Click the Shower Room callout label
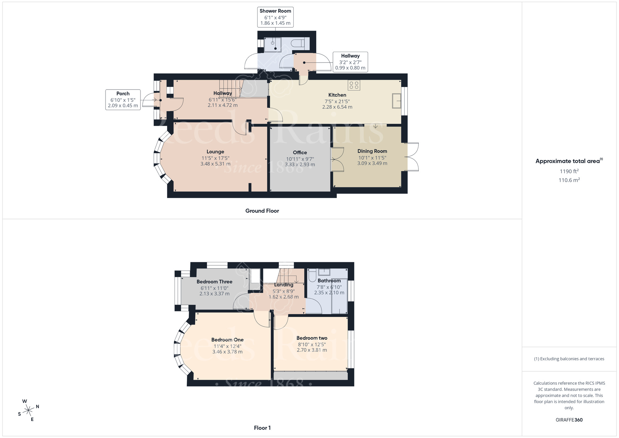click(x=275, y=17)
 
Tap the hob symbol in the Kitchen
click(x=354, y=85)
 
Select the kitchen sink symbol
click(x=396, y=101)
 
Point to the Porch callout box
click(x=123, y=99)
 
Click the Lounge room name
click(x=215, y=152)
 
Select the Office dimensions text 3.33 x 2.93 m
click(x=300, y=164)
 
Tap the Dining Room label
click(x=372, y=151)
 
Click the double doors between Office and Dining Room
click(x=337, y=160)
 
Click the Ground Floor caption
click(x=262, y=211)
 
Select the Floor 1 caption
click(x=262, y=428)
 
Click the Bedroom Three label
click(x=214, y=282)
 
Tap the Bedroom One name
click(x=227, y=340)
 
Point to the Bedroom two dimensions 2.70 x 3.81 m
click(x=312, y=350)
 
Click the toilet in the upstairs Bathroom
click(x=312, y=274)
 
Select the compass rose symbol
click(x=29, y=410)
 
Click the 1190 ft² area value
click(x=569, y=171)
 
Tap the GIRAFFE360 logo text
click(x=569, y=420)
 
